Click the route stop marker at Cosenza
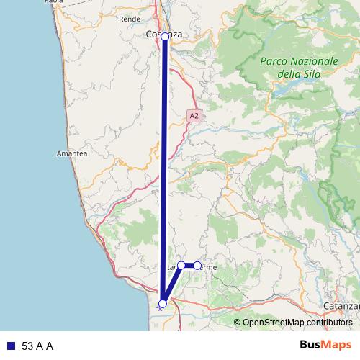tap(165, 36)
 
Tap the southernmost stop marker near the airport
tap(163, 304)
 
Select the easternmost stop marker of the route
tap(197, 266)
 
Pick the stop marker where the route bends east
tap(181, 265)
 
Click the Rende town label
tap(130, 19)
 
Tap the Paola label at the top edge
tap(54, 2)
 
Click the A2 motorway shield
tap(194, 114)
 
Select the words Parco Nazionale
tap(300, 62)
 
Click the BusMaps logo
tap(325, 346)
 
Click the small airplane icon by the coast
tap(158, 306)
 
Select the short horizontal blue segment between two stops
tap(189, 266)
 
